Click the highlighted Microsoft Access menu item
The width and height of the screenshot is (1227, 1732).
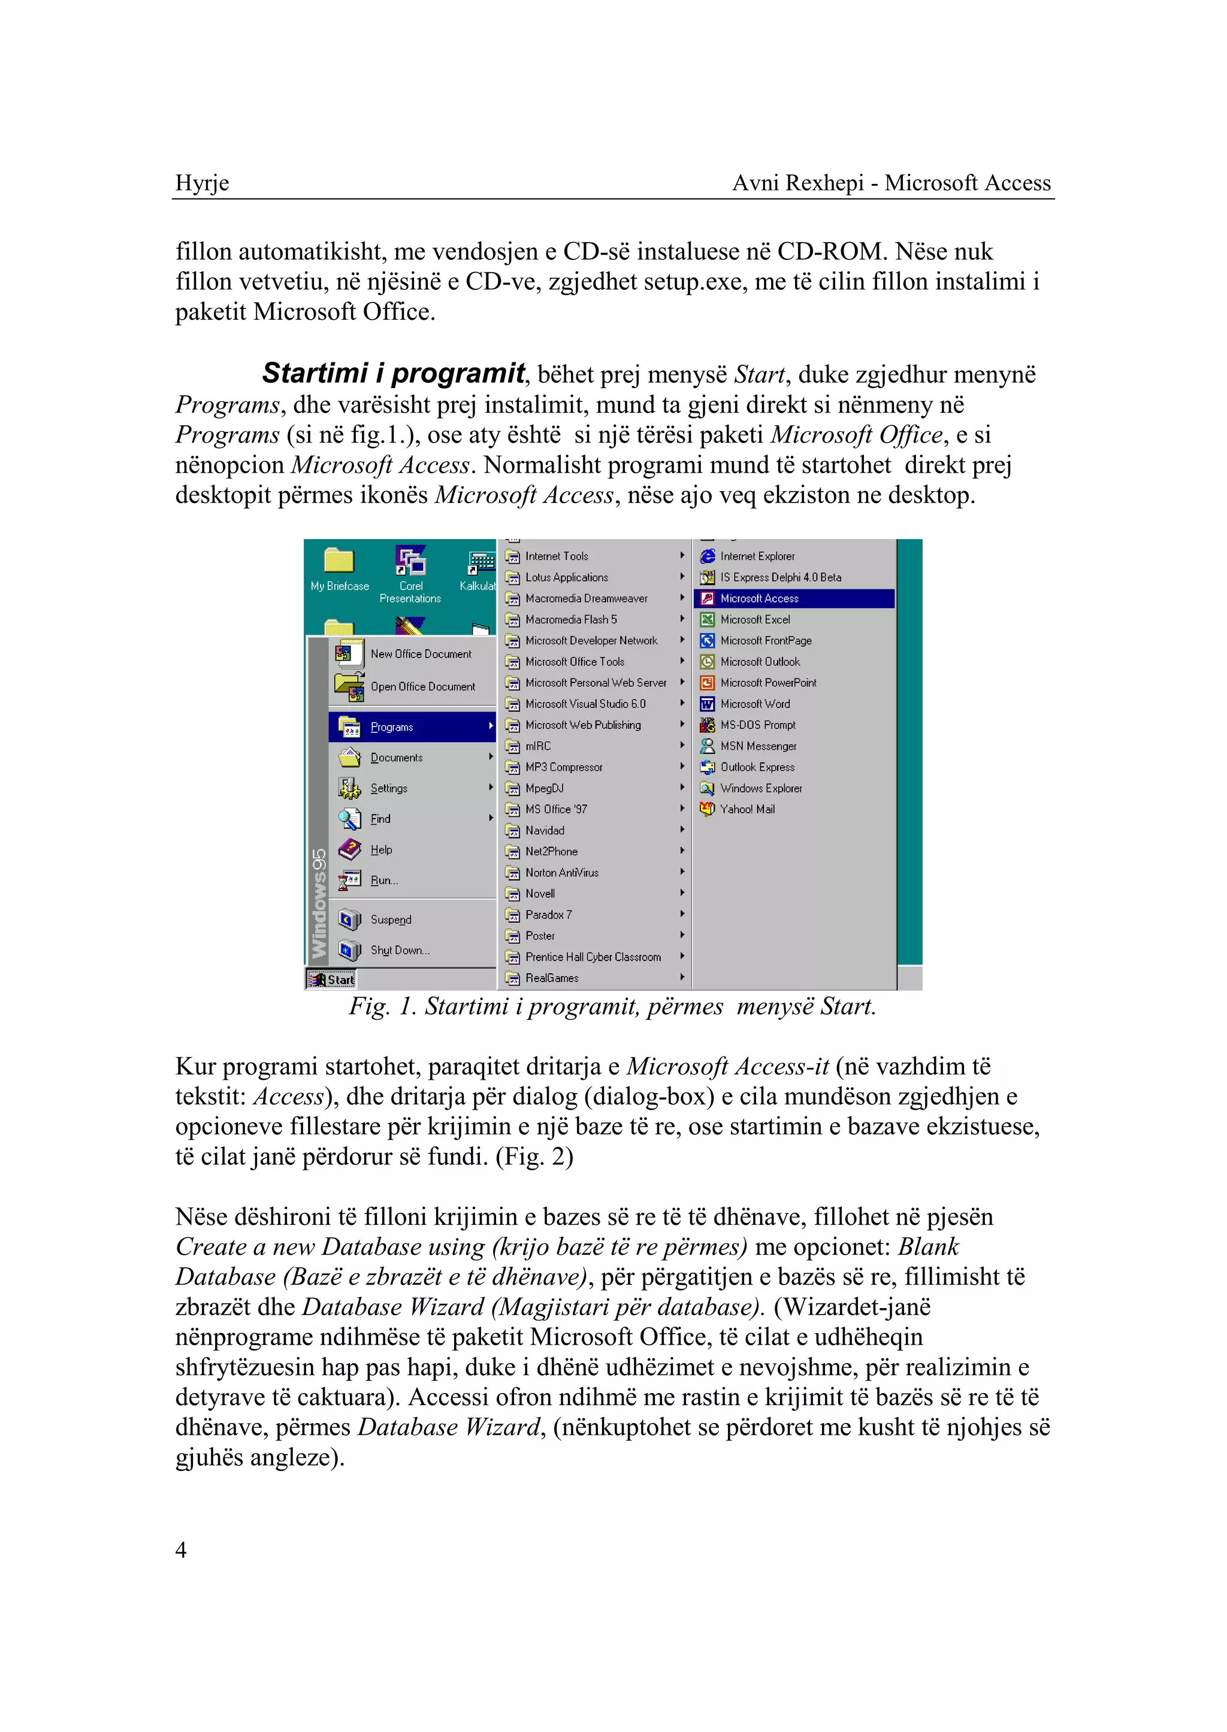[758, 598]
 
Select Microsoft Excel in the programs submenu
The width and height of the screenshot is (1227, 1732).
[755, 619]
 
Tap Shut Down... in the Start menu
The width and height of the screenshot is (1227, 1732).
[399, 950]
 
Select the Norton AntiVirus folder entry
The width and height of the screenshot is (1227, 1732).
[561, 873]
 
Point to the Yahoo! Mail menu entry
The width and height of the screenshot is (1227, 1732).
[747, 809]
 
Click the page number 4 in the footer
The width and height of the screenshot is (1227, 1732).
[180, 1549]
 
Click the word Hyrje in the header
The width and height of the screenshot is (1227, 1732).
[202, 183]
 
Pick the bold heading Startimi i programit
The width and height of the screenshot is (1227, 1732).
[393, 373]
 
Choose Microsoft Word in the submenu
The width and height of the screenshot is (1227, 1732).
[754, 704]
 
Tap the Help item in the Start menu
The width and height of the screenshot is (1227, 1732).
[381, 850]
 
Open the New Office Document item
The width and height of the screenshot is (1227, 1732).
[420, 654]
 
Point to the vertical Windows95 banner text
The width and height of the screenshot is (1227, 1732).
[319, 903]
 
